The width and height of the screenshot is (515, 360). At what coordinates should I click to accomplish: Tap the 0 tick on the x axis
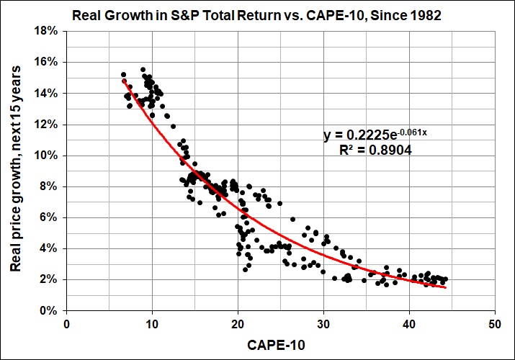(66, 323)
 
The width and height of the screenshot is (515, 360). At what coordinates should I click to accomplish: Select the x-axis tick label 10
(152, 323)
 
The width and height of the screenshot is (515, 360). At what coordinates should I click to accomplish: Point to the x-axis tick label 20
(238, 323)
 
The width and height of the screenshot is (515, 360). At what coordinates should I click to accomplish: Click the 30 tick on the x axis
(323, 323)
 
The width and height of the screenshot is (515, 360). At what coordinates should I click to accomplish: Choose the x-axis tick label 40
(409, 323)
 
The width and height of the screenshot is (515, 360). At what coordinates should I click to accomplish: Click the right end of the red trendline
(446, 287)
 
